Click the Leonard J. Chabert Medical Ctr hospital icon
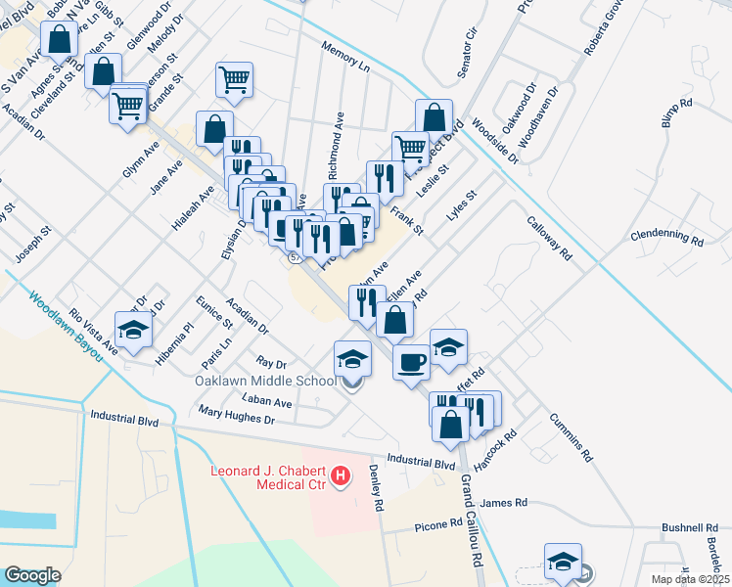tap(341, 476)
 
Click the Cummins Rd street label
tap(572, 435)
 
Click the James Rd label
tap(504, 502)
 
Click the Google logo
tap(32, 575)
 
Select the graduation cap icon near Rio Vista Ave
tap(134, 329)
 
